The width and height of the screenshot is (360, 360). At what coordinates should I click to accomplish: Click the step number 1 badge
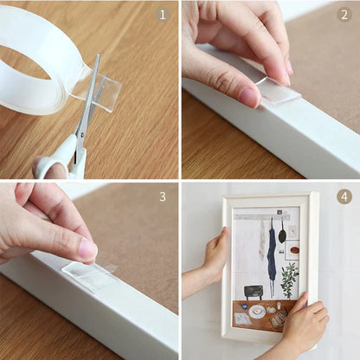pyautogui.click(x=163, y=15)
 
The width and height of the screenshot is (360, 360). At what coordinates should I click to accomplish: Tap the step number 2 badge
pyautogui.click(x=344, y=15)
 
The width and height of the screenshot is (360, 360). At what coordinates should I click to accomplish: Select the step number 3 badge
pyautogui.click(x=163, y=196)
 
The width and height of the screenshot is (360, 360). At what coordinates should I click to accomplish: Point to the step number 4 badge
pyautogui.click(x=344, y=196)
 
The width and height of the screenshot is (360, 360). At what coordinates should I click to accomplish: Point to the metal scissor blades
pyautogui.click(x=87, y=104)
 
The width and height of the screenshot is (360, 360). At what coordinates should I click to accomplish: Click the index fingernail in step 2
pyautogui.click(x=247, y=97)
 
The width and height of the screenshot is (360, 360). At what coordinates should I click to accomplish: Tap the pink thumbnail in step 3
pyautogui.click(x=87, y=250)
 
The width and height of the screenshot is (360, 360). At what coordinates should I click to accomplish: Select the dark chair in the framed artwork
pyautogui.click(x=253, y=292)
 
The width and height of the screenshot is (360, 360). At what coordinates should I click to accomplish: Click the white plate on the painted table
pyautogui.click(x=257, y=311)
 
